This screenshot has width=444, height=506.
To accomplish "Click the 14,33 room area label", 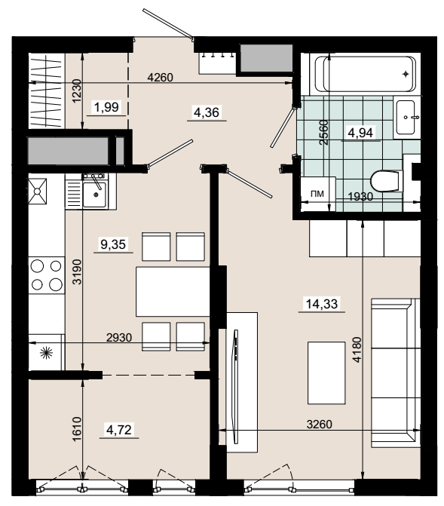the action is pos(322,304).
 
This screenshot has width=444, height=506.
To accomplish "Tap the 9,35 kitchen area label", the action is pos(113,244).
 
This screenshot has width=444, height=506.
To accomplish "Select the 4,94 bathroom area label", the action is pos(360,133).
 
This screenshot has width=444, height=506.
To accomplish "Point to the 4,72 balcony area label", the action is pos(119,430).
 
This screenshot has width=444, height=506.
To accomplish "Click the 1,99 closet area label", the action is pos(106,107).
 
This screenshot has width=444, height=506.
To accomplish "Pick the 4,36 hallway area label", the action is pos(207,112).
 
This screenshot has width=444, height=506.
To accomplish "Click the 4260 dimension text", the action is pos(160,78).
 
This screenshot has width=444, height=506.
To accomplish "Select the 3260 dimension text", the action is pos(319,424).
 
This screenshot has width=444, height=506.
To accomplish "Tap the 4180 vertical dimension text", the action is pos(357,350).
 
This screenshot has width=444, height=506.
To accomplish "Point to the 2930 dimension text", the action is pos(119,338).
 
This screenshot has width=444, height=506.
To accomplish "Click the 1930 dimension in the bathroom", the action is pos(360,196).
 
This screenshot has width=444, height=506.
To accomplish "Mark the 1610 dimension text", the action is pos(76,429).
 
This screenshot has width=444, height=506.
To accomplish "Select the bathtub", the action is pos(365,74).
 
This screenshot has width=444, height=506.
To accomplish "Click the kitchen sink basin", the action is pos(94,195).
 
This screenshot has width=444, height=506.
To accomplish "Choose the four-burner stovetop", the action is pos(47,275).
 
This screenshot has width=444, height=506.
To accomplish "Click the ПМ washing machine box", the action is pos(318,194).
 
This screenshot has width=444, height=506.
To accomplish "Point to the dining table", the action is pos(173,291).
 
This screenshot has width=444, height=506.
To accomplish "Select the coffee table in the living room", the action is pos(326,373).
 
